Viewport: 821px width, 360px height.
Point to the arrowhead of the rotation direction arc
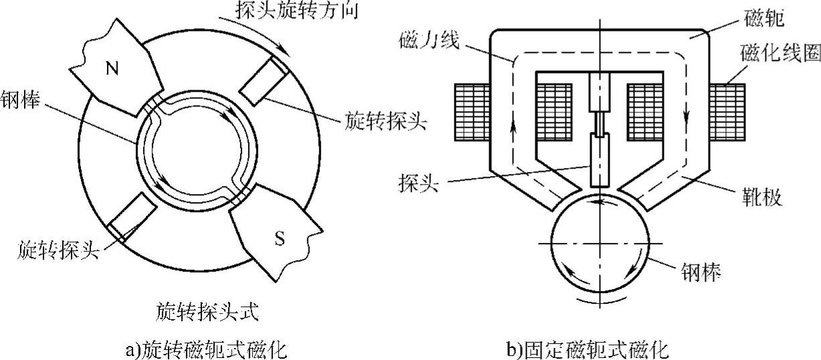tap(287, 51)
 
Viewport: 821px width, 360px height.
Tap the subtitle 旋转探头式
tap(207, 311)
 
